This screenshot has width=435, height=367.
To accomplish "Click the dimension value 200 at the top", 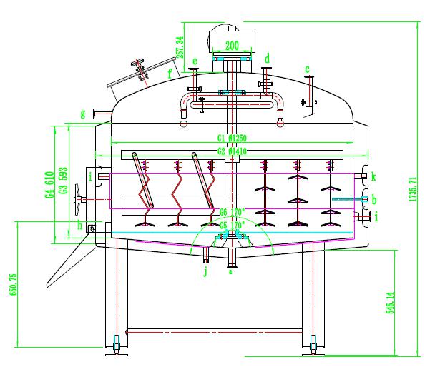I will click(231, 44).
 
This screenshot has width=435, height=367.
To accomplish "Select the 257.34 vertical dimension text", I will click(180, 49).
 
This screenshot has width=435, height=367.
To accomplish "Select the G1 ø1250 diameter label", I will click(231, 138).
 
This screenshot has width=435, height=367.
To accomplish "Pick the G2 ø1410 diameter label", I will click(231, 150).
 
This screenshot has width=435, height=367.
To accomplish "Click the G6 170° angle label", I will click(233, 212).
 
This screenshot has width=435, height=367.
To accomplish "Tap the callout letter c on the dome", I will click(308, 69).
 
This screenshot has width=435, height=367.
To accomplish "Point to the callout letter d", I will click(267, 57).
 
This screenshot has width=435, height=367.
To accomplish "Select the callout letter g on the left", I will click(84, 113).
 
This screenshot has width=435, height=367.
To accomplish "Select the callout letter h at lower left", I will click(80, 226).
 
